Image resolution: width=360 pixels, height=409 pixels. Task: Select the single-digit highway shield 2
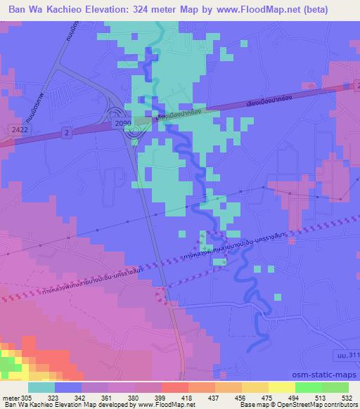65,131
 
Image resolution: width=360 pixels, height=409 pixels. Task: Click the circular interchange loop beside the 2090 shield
116,114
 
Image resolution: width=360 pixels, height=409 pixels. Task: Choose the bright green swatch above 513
308,387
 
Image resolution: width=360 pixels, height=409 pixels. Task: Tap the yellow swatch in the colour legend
281,387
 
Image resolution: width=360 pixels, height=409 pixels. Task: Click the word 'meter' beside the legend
10,397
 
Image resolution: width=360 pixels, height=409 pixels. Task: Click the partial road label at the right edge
349,358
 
